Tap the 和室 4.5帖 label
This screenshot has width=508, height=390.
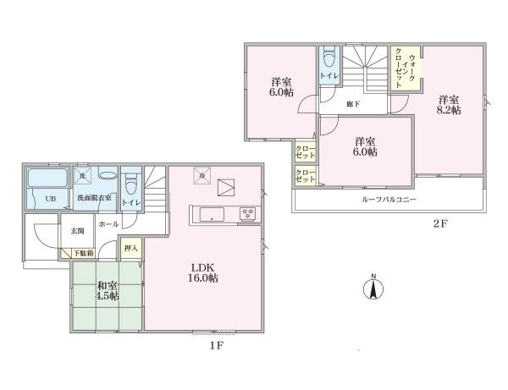(107, 290)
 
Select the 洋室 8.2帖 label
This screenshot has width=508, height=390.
(449, 104)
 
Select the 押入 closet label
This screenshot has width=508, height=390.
(130, 249)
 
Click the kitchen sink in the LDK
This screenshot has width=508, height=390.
(213, 214)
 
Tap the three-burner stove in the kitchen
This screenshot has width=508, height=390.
(249, 213)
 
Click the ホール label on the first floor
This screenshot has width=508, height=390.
(108, 225)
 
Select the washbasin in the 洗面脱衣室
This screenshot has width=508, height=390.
(108, 176)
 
